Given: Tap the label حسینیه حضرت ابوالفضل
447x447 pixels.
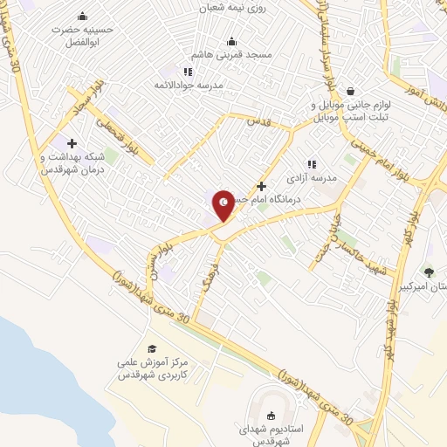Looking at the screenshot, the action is click(81, 34).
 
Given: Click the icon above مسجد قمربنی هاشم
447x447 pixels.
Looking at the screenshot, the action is click(231, 41).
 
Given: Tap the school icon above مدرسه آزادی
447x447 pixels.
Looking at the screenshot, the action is click(311, 163).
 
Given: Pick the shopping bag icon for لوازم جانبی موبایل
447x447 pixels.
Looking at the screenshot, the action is click(350, 91).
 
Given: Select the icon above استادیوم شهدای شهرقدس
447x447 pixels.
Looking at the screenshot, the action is click(269, 416).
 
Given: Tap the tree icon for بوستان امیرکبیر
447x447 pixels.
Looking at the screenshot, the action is click(428, 272).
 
